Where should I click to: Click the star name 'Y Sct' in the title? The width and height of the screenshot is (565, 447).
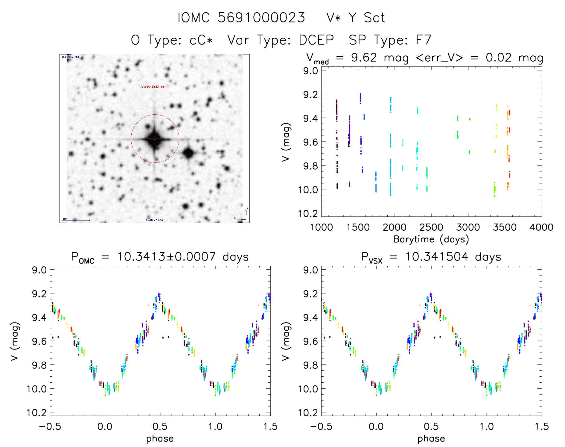(x=366, y=18)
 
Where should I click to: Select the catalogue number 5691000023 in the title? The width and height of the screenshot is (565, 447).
(x=261, y=18)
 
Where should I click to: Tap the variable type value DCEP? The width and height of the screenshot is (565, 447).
(x=316, y=40)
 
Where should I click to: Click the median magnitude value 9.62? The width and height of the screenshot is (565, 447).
(x=364, y=57)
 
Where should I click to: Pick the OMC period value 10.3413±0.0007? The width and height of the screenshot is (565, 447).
(x=166, y=257)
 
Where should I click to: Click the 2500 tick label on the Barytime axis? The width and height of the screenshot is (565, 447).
(x=431, y=227)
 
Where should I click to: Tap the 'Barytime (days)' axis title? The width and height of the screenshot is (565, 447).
(x=431, y=239)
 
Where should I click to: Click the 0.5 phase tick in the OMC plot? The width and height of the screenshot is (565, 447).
(x=160, y=426)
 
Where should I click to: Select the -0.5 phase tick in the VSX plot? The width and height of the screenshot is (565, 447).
(x=321, y=426)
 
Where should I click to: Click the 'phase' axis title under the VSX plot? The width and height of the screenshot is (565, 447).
(x=431, y=439)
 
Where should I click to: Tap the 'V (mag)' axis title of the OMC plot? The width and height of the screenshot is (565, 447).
(x=15, y=341)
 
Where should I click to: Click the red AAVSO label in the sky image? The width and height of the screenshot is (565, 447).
(x=152, y=86)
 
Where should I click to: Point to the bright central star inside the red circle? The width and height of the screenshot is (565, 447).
(x=155, y=139)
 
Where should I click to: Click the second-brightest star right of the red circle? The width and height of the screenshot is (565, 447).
(x=189, y=153)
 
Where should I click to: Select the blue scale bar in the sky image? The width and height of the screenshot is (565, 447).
(x=76, y=221)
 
